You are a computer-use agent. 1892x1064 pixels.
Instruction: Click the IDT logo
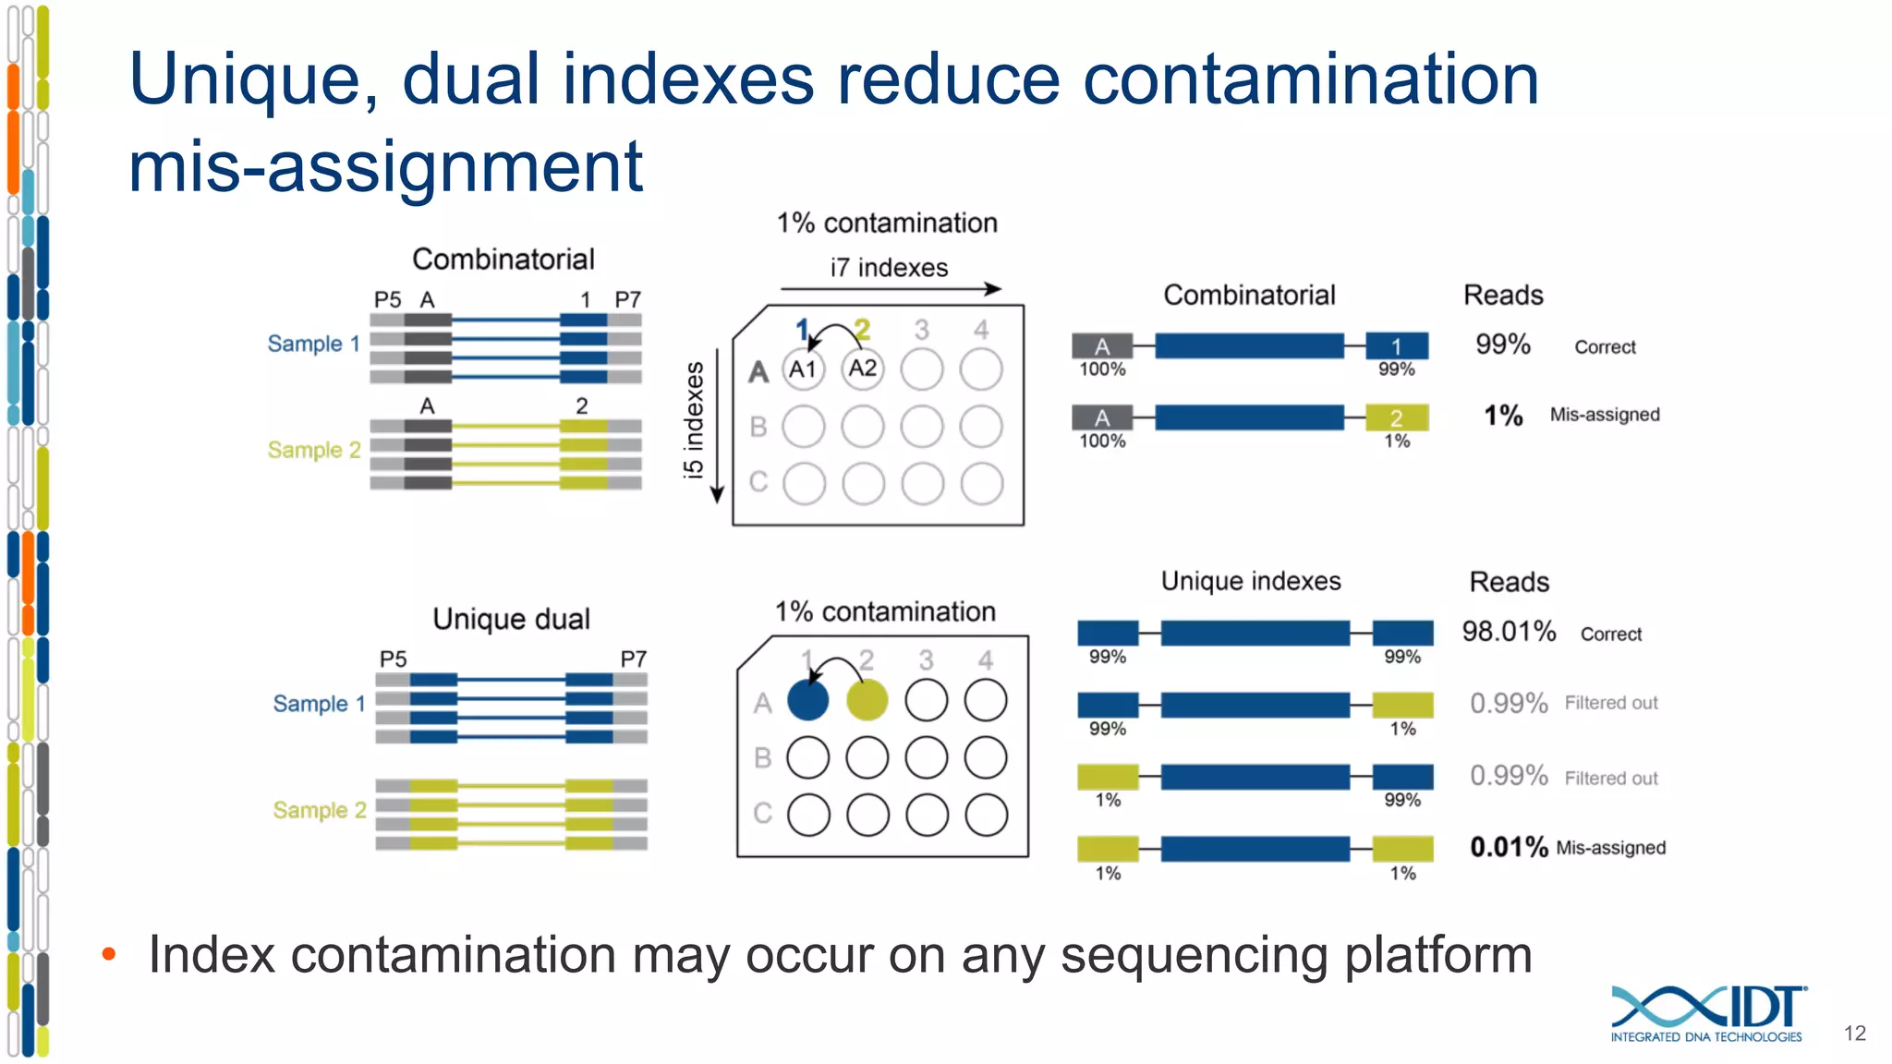(1707, 1012)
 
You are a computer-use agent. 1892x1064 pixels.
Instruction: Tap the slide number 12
(1854, 1034)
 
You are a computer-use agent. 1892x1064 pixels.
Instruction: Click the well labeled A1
(803, 369)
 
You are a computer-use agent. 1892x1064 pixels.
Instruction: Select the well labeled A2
(862, 369)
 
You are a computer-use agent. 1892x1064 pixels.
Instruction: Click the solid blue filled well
(808, 700)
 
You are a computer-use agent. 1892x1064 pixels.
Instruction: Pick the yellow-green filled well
(867, 700)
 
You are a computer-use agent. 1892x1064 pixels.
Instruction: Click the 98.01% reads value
(1509, 632)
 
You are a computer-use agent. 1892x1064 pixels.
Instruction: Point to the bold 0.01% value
(1509, 847)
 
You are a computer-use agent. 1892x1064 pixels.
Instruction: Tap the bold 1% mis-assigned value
(1503, 416)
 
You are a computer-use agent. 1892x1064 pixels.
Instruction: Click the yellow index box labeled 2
(1397, 417)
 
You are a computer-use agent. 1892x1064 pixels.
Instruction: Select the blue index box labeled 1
(1397, 346)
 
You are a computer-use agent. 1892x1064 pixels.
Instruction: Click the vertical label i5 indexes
(694, 420)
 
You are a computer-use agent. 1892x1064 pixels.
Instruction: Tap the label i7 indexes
(889, 268)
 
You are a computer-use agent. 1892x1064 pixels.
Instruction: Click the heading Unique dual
(511, 619)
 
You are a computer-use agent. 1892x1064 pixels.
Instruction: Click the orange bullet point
(109, 954)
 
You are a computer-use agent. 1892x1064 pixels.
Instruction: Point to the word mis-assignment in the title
(385, 167)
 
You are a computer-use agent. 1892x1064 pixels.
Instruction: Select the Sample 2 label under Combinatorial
(314, 450)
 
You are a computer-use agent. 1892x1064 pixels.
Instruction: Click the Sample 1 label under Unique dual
(320, 704)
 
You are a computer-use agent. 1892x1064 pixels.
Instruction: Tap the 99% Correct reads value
(1503, 345)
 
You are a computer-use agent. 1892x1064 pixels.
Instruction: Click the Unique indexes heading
(1251, 581)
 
